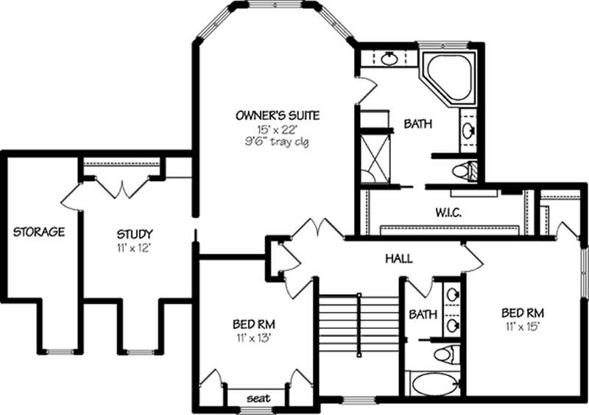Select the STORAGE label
pyautogui.click(x=39, y=232)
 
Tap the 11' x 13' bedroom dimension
pyautogui.click(x=254, y=338)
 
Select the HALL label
pyautogui.click(x=398, y=259)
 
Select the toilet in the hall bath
pyautogui.click(x=445, y=355)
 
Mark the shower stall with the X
pyautogui.click(x=373, y=157)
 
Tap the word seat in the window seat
pyautogui.click(x=258, y=398)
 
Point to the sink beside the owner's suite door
pyautogui.click(x=389, y=59)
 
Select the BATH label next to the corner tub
pyautogui.click(x=417, y=124)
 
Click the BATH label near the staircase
pyautogui.click(x=423, y=314)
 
